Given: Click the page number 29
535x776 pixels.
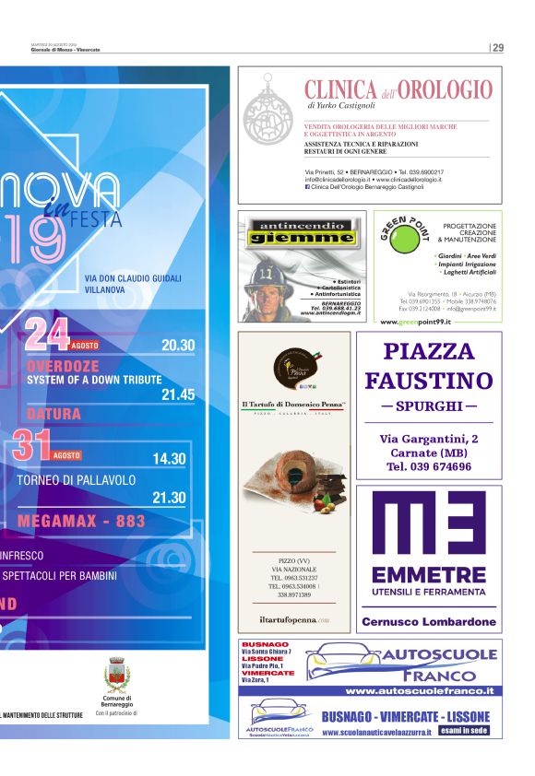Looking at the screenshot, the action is click(x=498, y=48).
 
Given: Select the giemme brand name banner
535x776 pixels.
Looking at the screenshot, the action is click(x=302, y=236).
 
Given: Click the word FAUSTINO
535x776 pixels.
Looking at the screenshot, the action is click(x=429, y=381).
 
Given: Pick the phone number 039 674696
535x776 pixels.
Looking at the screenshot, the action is click(x=429, y=466).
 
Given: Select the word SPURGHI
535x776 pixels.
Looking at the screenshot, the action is click(x=429, y=406).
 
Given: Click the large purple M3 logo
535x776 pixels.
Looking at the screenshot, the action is click(x=428, y=529).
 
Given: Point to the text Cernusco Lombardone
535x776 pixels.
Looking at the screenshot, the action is click(x=429, y=622).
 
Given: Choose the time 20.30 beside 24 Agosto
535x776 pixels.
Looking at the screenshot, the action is click(x=178, y=345).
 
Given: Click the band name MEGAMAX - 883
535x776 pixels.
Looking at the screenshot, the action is click(x=81, y=521).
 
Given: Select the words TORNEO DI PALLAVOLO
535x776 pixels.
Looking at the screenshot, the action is click(x=77, y=480).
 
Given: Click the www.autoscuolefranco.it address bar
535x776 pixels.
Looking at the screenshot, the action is click(x=420, y=690).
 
